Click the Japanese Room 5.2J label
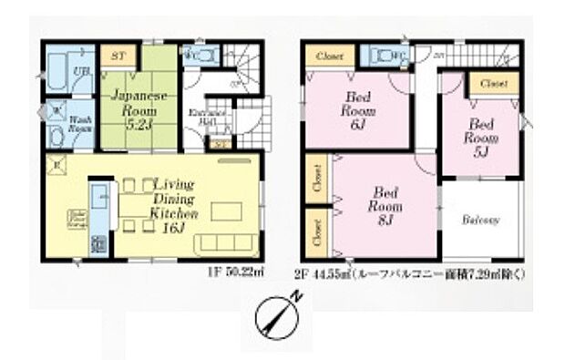point(131,106)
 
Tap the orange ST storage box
point(118,56)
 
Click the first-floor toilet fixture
point(198,57)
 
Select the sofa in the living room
point(214,244)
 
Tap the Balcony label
point(478,221)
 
